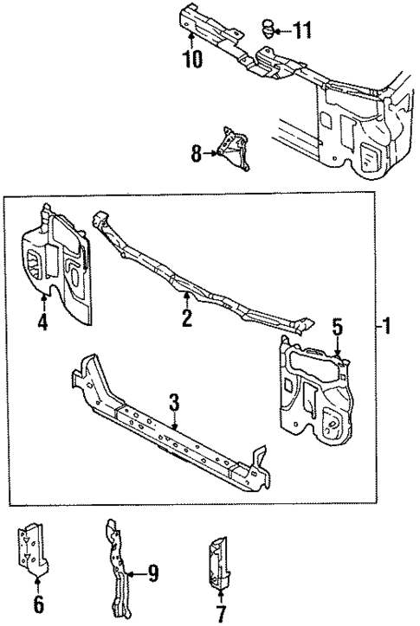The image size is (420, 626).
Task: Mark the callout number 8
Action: click(197, 155)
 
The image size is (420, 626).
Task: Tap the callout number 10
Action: click(191, 59)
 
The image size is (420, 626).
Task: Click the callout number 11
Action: click(301, 32)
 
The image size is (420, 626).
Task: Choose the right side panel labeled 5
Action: click(316, 389)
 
